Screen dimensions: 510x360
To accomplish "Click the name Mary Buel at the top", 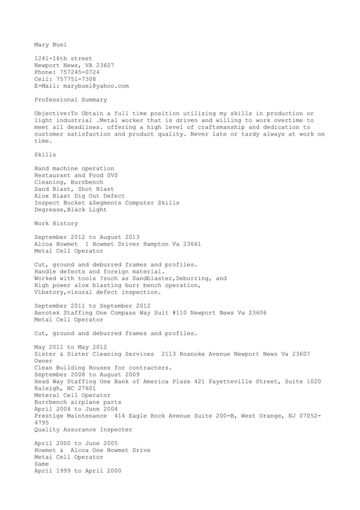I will [x=50, y=45].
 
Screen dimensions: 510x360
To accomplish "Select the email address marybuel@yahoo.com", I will [x=95, y=86].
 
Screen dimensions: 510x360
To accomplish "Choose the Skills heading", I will [x=45, y=155].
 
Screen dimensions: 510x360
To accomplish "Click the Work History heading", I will [x=56, y=224].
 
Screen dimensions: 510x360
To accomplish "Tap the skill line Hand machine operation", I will [x=74, y=169].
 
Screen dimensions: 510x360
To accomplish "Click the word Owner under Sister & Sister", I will [x=43, y=360].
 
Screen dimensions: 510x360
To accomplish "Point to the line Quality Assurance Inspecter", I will [x=83, y=429].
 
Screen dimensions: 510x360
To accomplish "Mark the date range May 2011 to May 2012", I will [x=71, y=347].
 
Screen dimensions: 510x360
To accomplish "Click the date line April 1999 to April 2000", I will [x=77, y=470].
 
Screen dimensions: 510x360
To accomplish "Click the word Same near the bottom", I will [x=42, y=464].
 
